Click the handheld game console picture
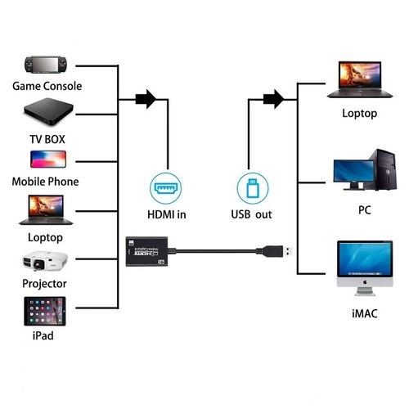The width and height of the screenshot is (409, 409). (x=47, y=64)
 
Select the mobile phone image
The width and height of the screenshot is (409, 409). (x=47, y=158)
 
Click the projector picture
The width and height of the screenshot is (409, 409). (x=46, y=261)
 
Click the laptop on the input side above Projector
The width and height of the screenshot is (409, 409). (x=46, y=209)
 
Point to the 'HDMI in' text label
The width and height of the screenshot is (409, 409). (x=166, y=215)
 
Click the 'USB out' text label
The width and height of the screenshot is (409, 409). (x=251, y=215)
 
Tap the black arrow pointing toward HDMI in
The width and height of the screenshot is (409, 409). (x=145, y=100)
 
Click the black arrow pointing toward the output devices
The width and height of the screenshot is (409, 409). (x=274, y=100)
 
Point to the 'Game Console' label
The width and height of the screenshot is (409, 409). (x=47, y=86)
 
